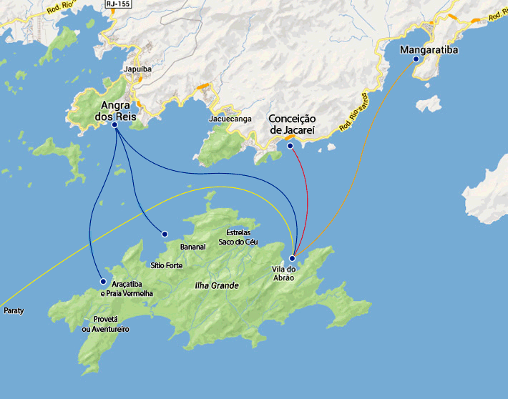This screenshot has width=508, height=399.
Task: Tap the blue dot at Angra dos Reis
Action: (x=114, y=125)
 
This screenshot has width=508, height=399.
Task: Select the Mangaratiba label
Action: (x=429, y=50)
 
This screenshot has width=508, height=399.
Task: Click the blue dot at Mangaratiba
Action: (x=415, y=60)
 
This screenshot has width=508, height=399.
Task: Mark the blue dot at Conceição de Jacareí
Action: (x=290, y=146)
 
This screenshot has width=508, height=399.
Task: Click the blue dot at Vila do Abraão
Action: (x=292, y=258)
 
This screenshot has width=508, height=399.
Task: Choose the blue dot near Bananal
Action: (x=165, y=234)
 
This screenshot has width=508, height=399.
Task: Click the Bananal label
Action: (x=193, y=247)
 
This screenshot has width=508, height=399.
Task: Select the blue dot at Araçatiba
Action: (x=103, y=282)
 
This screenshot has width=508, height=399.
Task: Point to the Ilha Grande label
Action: (x=216, y=285)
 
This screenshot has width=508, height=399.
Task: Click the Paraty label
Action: (x=14, y=311)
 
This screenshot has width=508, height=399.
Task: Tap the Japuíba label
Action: (x=138, y=69)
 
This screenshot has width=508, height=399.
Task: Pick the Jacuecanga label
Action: (x=230, y=119)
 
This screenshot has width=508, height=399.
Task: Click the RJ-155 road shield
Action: (x=119, y=4)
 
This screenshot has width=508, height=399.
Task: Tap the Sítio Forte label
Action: (x=166, y=265)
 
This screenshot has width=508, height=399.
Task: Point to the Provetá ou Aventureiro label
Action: (x=105, y=324)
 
